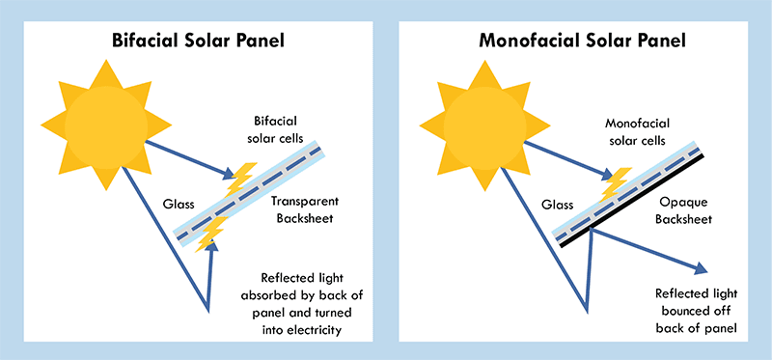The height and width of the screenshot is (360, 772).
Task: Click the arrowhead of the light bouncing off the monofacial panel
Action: tap(702, 269)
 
